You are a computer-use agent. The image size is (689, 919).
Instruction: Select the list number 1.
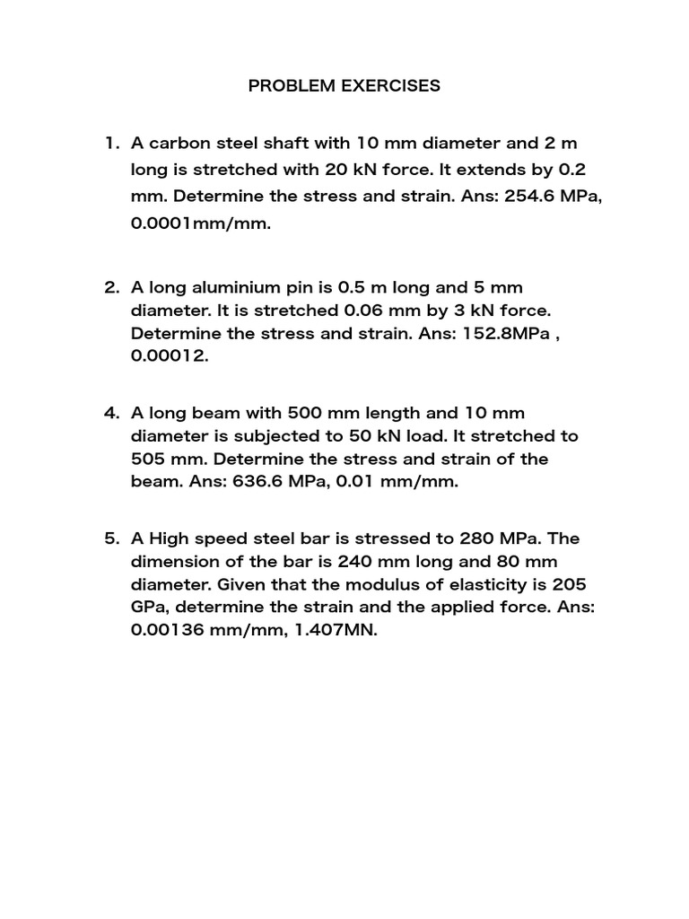[x=110, y=143]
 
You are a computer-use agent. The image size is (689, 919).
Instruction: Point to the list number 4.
[x=111, y=413]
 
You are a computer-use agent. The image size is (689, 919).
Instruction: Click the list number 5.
[x=111, y=538]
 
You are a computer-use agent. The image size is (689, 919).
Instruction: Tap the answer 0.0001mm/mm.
[x=200, y=223]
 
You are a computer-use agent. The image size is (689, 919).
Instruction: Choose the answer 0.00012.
[x=169, y=356]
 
